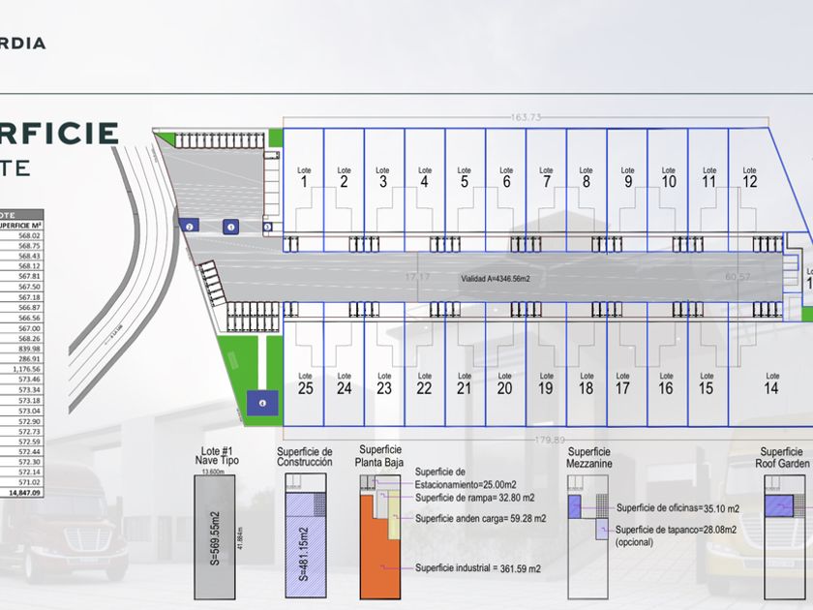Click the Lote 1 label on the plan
tap(304, 177)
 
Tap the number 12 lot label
tap(750, 177)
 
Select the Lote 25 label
tap(305, 383)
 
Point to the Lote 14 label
tap(771, 383)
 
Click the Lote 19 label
tap(546, 383)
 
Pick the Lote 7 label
tap(547, 177)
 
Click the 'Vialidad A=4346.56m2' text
tap(501, 278)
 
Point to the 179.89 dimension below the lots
tap(549, 439)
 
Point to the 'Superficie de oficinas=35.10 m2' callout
tap(677, 508)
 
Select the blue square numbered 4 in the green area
tap(260, 403)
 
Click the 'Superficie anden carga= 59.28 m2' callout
tap(480, 518)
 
